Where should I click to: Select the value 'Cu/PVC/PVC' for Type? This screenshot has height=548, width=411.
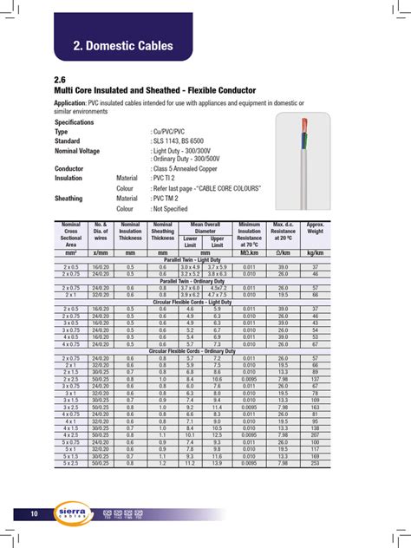[x=173, y=131]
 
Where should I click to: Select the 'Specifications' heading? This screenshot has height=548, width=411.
[x=75, y=122]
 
